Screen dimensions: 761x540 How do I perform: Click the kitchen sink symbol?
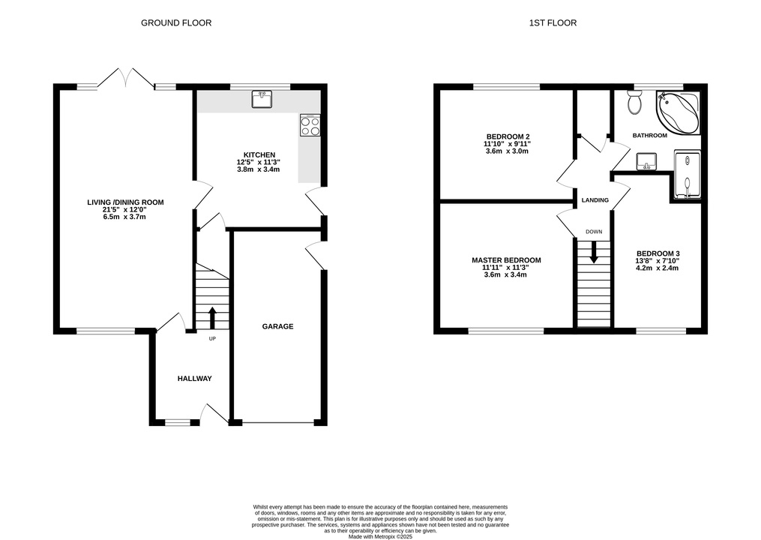coord(262,99)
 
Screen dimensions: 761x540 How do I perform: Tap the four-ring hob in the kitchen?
coord(310,125)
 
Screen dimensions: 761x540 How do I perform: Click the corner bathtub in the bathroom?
coord(678,112)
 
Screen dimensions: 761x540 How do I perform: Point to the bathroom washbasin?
coord(646,160)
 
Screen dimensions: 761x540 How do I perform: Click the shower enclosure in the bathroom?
coord(688,174)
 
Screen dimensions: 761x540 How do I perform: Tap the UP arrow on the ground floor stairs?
coord(212,318)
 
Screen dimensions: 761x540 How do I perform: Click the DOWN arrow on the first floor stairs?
coord(594,253)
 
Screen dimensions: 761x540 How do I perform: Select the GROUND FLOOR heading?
coord(176,22)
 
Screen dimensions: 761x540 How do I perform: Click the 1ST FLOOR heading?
coord(553,22)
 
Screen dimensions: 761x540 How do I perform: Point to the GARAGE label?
coord(277,326)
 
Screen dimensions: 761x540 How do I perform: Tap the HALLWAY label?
coord(195,378)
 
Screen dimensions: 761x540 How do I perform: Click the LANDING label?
coord(595,200)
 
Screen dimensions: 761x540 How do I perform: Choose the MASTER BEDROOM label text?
coord(506,260)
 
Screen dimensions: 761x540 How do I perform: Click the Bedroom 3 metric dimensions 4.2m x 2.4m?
coord(658,268)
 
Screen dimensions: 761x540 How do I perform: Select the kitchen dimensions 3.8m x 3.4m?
coord(258,169)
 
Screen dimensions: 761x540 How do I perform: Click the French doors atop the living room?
coord(126,79)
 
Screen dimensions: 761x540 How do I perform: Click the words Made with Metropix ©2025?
coord(381,536)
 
